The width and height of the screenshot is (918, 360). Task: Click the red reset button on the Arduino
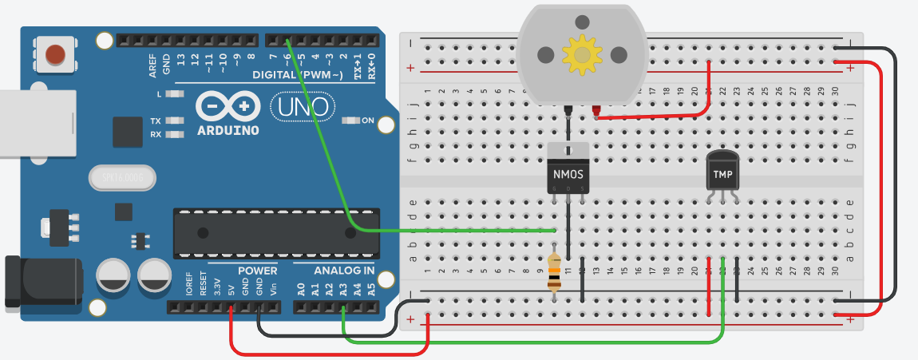tap(55, 54)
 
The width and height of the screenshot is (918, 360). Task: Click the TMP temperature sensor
tap(723, 172)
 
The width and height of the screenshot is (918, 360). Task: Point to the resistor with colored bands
tap(555, 271)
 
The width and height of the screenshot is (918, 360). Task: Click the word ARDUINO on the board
tap(227, 129)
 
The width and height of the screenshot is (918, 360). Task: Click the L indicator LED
tap(175, 94)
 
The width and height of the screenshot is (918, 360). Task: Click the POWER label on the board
tap(257, 271)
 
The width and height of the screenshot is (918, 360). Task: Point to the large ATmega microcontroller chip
tap(276, 233)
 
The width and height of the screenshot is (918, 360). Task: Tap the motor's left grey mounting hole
tap(545, 54)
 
